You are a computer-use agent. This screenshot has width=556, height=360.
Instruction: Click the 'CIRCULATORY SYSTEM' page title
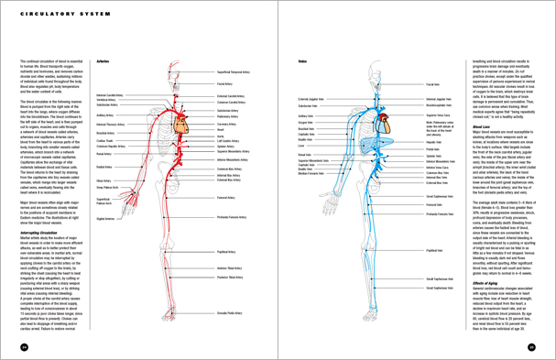pos(48,16)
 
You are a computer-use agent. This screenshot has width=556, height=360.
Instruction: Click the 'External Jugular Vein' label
pos(312,97)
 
